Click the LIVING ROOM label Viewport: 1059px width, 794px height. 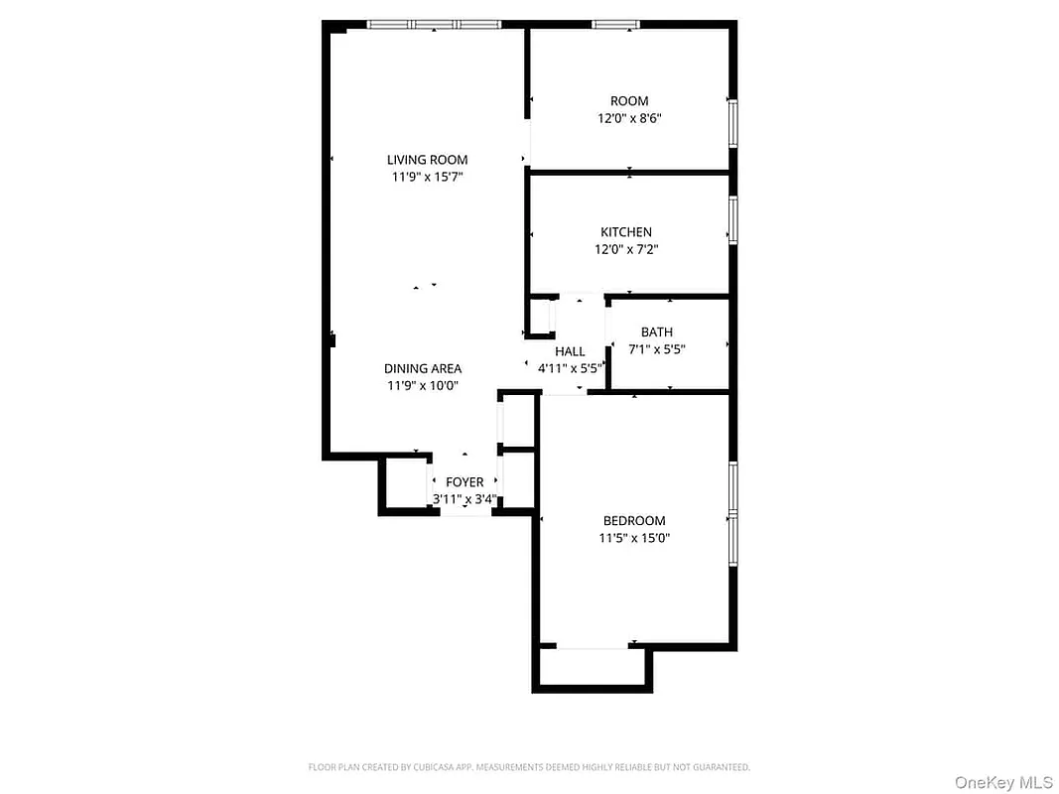tap(427, 160)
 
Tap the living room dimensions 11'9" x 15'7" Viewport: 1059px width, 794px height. tap(427, 178)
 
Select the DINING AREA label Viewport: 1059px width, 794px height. tap(423, 369)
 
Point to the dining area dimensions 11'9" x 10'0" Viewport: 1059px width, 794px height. tap(423, 387)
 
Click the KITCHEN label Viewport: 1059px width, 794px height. tap(626, 232)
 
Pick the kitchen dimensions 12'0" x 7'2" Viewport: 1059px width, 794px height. tap(626, 250)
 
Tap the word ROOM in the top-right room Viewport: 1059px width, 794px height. tap(629, 100)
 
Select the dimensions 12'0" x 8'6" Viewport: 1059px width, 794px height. tap(629, 118)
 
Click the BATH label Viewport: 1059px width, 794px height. tap(657, 332)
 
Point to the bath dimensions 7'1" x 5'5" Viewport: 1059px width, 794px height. tap(657, 349)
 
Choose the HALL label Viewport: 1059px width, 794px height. tap(570, 351)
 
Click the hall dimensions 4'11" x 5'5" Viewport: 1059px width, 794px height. tap(570, 368)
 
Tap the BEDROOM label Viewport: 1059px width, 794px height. tap(634, 521)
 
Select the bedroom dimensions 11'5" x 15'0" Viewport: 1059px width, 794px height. tap(634, 539)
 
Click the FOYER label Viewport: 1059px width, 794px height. tap(464, 482)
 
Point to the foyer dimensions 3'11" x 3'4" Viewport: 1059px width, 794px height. tap(463, 499)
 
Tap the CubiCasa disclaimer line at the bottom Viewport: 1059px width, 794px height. tap(529, 767)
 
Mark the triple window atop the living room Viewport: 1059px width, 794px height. tap(435, 24)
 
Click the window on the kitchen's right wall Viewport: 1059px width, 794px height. tap(733, 219)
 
